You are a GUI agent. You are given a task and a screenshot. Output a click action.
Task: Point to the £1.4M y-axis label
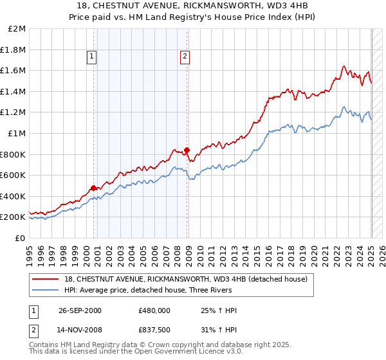(14, 91)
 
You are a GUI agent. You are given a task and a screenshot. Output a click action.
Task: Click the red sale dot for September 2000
(93, 188)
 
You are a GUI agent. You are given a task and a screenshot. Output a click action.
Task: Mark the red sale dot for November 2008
(187, 150)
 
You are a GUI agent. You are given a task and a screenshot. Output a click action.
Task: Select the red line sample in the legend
(46, 279)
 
